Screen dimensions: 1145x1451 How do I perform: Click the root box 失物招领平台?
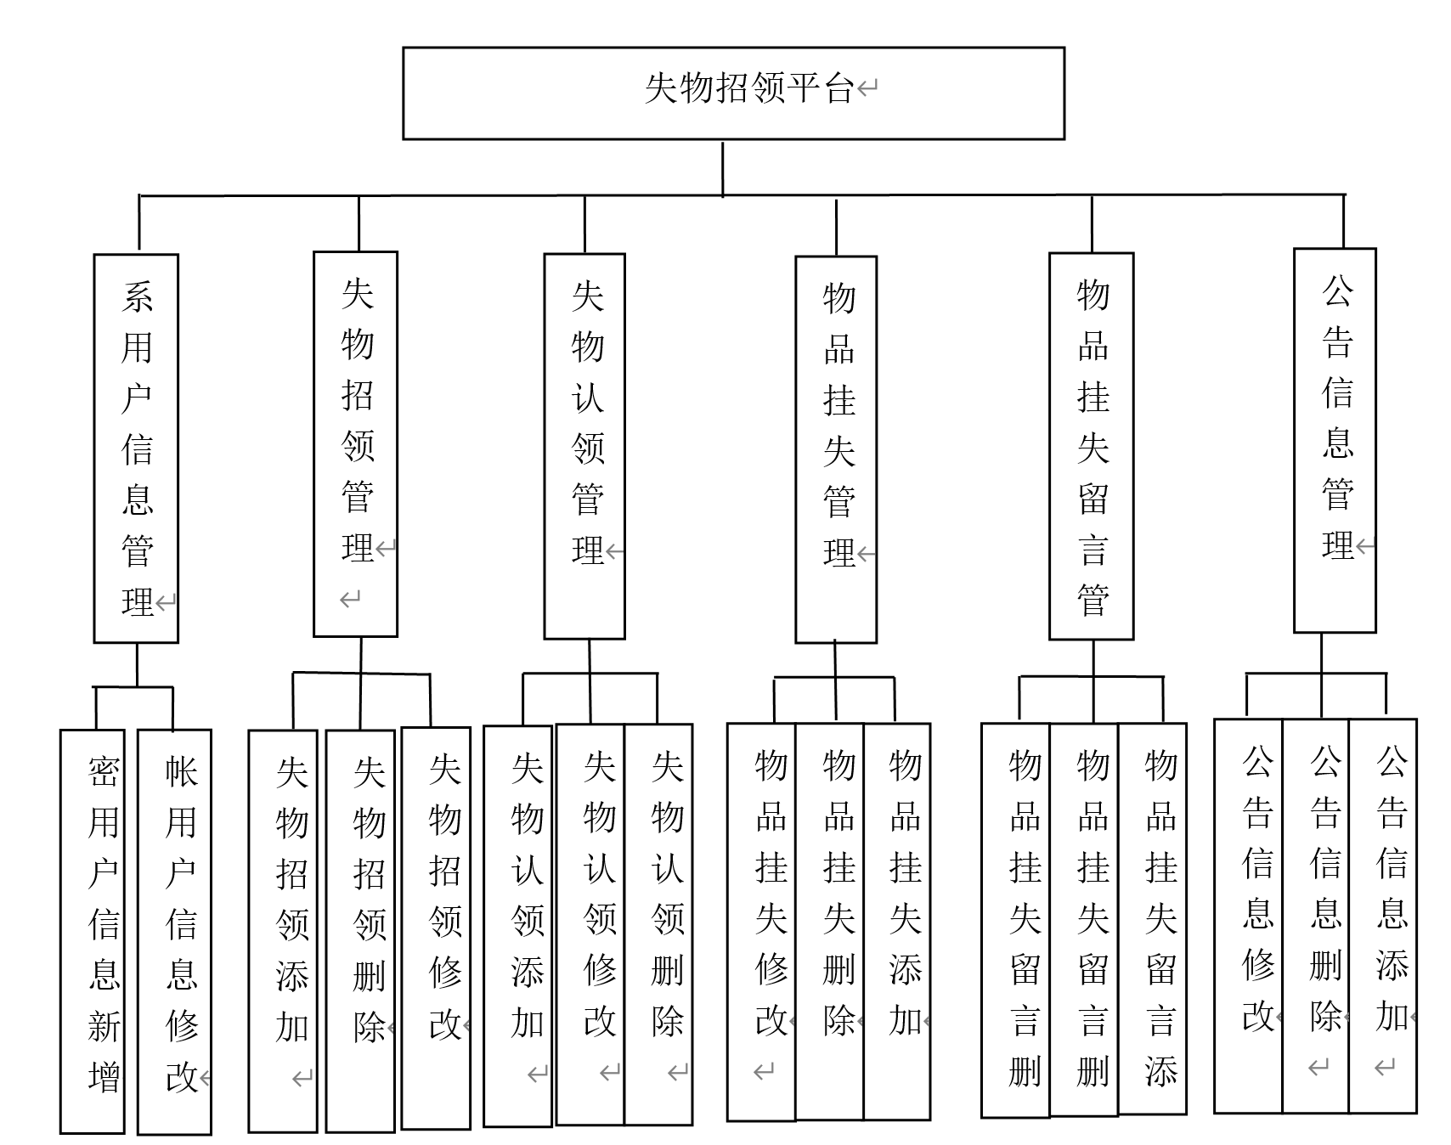pos(733,93)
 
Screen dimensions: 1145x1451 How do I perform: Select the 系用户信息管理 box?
pos(136,448)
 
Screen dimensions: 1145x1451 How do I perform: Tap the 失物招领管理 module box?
pos(355,443)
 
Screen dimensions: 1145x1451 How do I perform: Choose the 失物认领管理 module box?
pos(584,446)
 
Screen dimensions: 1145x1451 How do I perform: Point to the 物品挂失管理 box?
pos(836,449)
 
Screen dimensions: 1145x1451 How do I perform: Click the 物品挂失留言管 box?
pos(1092,446)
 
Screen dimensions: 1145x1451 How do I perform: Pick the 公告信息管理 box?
pos(1335,440)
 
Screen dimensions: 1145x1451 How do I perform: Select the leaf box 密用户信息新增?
pos(93,931)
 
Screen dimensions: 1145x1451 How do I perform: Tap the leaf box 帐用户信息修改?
pos(174,931)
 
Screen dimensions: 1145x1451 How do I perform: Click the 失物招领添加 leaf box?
pos(283,931)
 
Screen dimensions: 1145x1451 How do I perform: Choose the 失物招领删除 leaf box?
pos(360,931)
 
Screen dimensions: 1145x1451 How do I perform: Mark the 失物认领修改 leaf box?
pos(590,924)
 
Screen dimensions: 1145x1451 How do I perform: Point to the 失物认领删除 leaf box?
pos(658,924)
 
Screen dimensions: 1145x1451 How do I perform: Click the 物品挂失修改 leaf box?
pos(762,922)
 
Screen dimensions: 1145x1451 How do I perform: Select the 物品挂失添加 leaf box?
pos(897,922)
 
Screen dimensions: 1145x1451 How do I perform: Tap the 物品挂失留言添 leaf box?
pos(1153,918)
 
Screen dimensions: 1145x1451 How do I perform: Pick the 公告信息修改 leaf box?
pos(1249,916)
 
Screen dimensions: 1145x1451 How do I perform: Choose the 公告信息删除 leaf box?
pos(1316,916)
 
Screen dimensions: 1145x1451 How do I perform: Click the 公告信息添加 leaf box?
pos(1383,916)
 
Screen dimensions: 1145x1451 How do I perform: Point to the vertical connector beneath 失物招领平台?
pos(723,168)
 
